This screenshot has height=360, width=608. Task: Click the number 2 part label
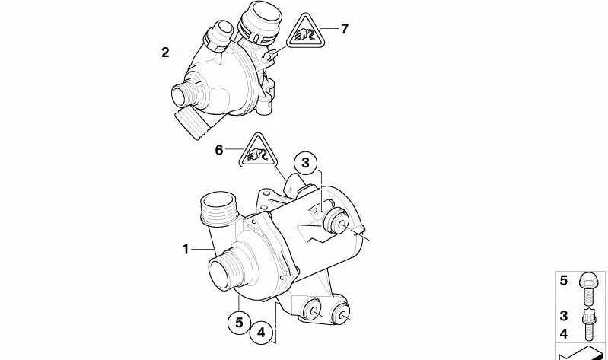tap(165, 53)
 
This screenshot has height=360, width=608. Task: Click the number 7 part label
tap(344, 30)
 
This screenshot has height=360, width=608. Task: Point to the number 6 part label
tap(219, 151)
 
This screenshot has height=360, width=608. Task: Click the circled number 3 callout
tap(304, 162)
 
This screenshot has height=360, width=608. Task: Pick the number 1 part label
tap(185, 249)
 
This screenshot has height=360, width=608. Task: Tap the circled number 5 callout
tap(239, 323)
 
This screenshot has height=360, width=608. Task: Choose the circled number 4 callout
tap(260, 332)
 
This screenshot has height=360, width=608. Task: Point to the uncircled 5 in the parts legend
tap(564, 281)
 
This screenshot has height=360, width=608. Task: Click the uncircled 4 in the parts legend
tap(564, 333)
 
